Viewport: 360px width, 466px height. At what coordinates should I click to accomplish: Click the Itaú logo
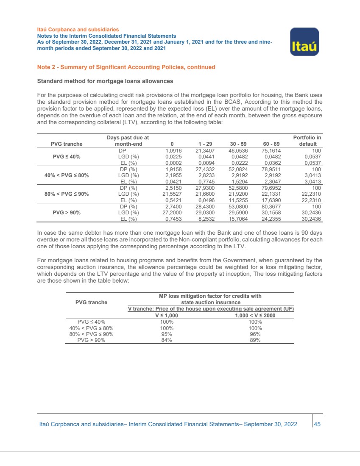point(304,42)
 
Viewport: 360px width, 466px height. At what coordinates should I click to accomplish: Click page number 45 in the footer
point(317,424)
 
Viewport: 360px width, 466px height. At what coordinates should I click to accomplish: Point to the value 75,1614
point(271,150)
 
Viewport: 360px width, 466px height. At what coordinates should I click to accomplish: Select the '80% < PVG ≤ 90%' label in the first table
point(63,193)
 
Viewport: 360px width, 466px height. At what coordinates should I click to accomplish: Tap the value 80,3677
point(271,206)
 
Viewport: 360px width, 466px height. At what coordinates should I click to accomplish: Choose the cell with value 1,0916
point(173,150)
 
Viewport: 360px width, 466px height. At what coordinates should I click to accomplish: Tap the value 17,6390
point(271,200)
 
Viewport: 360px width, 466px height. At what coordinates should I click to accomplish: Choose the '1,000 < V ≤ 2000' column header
point(255,315)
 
